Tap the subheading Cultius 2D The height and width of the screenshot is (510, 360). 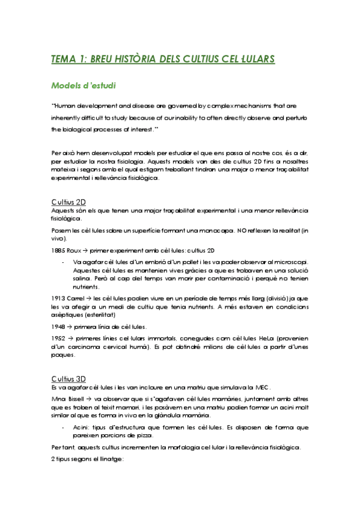click(x=68, y=201)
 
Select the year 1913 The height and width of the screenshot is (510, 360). click(x=58, y=298)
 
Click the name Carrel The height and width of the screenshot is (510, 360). click(x=76, y=298)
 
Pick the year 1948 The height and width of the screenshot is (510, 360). click(x=58, y=327)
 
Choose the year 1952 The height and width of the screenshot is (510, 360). click(x=58, y=339)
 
